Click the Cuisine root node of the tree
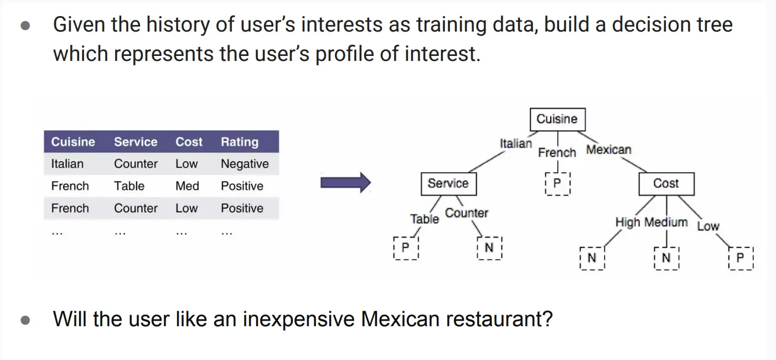(x=558, y=120)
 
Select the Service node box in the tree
(x=449, y=184)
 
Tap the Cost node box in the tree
(x=666, y=184)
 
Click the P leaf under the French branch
(x=557, y=184)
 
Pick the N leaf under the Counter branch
(x=489, y=248)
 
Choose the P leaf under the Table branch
(x=406, y=248)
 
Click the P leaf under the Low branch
(x=741, y=258)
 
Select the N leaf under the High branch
(x=592, y=258)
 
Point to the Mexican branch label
(x=609, y=150)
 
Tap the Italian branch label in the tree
(x=515, y=143)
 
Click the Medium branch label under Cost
(x=666, y=222)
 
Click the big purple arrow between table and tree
(x=346, y=182)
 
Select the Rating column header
(x=240, y=142)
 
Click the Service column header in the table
(x=136, y=142)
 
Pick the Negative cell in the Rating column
(x=245, y=163)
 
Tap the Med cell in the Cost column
(x=188, y=186)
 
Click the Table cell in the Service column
(x=129, y=186)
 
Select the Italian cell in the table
(x=68, y=163)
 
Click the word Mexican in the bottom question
(x=400, y=319)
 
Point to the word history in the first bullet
(x=178, y=25)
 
